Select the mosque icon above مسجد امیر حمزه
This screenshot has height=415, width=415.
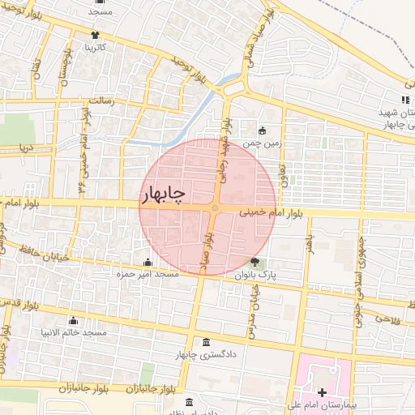[x=148, y=262]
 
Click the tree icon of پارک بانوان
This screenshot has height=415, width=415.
[x=255, y=262]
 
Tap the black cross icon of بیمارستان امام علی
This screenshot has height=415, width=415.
[x=322, y=392]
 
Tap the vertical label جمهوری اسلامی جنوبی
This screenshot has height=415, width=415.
[x=357, y=267]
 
